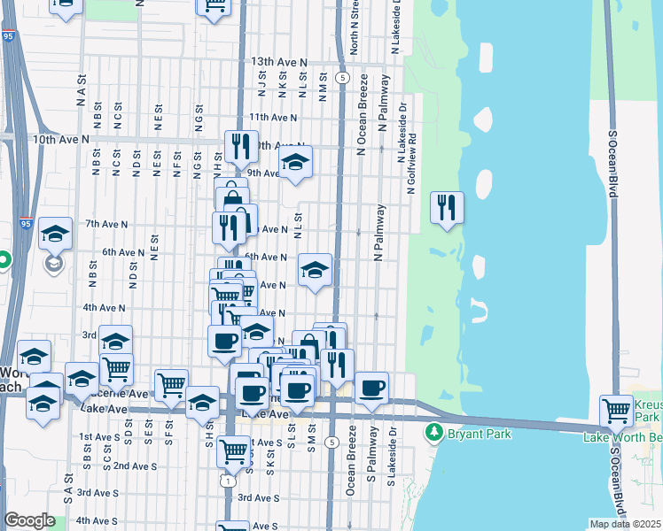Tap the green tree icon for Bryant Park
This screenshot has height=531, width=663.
tap(433, 433)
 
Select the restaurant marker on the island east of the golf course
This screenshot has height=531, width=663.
tap(446, 208)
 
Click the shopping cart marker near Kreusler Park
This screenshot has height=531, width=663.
tap(616, 410)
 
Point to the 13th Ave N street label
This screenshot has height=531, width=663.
tap(277, 63)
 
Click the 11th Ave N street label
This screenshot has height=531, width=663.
tap(273, 117)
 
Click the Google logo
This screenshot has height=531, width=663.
tap(29, 520)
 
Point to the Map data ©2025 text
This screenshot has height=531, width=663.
tap(623, 524)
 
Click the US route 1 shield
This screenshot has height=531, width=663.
tap(228, 481)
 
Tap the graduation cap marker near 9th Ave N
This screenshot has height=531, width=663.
tap(295, 162)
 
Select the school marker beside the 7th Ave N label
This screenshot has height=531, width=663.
tap(55, 235)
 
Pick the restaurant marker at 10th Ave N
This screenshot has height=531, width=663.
tap(241, 146)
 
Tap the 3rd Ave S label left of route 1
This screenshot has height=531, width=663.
tap(97, 492)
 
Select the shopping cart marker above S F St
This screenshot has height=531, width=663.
tap(171, 384)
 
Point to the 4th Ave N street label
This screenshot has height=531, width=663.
tap(104, 307)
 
